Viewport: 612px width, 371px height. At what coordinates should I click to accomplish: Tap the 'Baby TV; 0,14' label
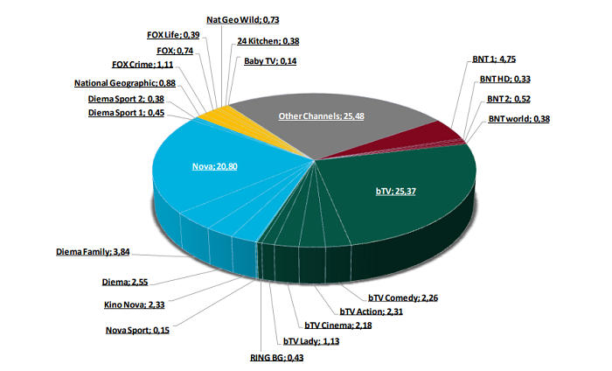point(272,62)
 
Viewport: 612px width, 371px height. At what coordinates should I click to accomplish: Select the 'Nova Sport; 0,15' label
point(138,330)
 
